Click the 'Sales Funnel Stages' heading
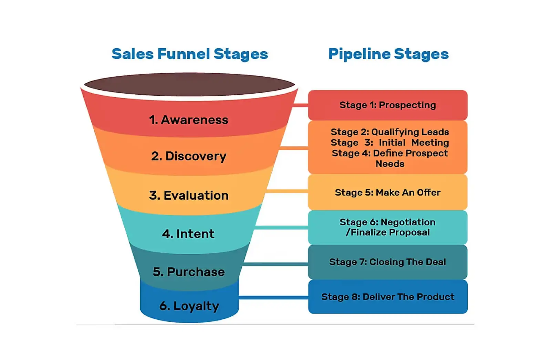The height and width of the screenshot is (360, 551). pyautogui.click(x=190, y=54)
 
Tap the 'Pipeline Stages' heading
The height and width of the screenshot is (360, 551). pyautogui.click(x=388, y=54)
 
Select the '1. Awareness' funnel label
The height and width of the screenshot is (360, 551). pyautogui.click(x=188, y=120)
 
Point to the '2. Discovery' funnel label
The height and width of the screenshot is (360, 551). pyautogui.click(x=189, y=156)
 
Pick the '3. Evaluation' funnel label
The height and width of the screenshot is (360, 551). pyautogui.click(x=189, y=195)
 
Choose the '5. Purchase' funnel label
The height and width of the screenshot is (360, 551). pyautogui.click(x=189, y=272)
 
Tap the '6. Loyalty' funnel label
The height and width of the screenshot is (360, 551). pyautogui.click(x=189, y=306)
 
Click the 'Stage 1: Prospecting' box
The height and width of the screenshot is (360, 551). pyautogui.click(x=388, y=105)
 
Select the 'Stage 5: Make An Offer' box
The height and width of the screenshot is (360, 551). pyautogui.click(x=388, y=192)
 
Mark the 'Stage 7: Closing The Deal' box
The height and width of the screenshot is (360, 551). pyautogui.click(x=388, y=262)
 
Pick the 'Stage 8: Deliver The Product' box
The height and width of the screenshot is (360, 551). pyautogui.click(x=388, y=297)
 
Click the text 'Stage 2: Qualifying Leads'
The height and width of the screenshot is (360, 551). pyautogui.click(x=390, y=132)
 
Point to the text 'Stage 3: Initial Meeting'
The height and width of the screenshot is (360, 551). pyautogui.click(x=390, y=142)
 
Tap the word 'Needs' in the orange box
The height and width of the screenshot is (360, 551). pyautogui.click(x=390, y=164)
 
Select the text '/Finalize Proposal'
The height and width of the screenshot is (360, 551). pyautogui.click(x=388, y=232)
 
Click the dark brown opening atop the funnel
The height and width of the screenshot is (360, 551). pyautogui.click(x=189, y=85)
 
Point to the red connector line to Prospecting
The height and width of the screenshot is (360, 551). pyautogui.click(x=300, y=105)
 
